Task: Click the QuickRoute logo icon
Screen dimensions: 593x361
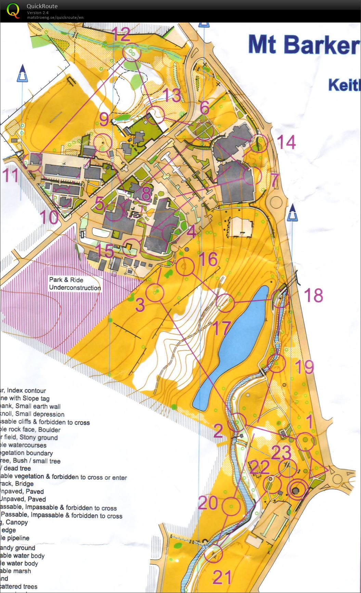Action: pos(13,10)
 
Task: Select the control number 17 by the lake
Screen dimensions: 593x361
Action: pos(222,328)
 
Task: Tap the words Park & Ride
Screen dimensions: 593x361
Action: pos(66,280)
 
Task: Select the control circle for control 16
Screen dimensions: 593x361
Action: pos(185,266)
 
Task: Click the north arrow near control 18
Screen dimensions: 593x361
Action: pos(292,214)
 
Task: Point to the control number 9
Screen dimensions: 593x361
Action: pos(104,119)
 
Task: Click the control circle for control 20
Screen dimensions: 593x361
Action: pos(231,506)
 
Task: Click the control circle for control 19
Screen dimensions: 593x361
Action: pos(276,363)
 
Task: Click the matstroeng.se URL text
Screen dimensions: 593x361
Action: pos(55,17)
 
